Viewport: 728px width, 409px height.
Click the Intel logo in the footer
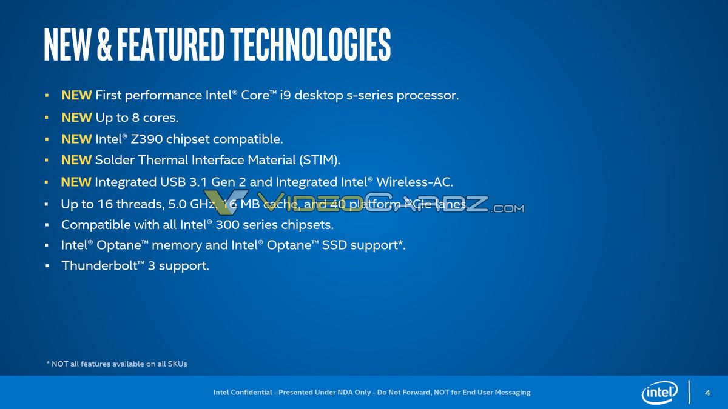(x=659, y=393)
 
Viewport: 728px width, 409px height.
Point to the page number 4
(x=707, y=393)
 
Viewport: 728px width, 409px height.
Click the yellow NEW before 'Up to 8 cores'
(x=76, y=118)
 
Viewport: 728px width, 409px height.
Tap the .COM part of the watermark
(x=507, y=209)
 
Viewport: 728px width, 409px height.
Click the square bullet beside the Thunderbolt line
(x=47, y=267)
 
